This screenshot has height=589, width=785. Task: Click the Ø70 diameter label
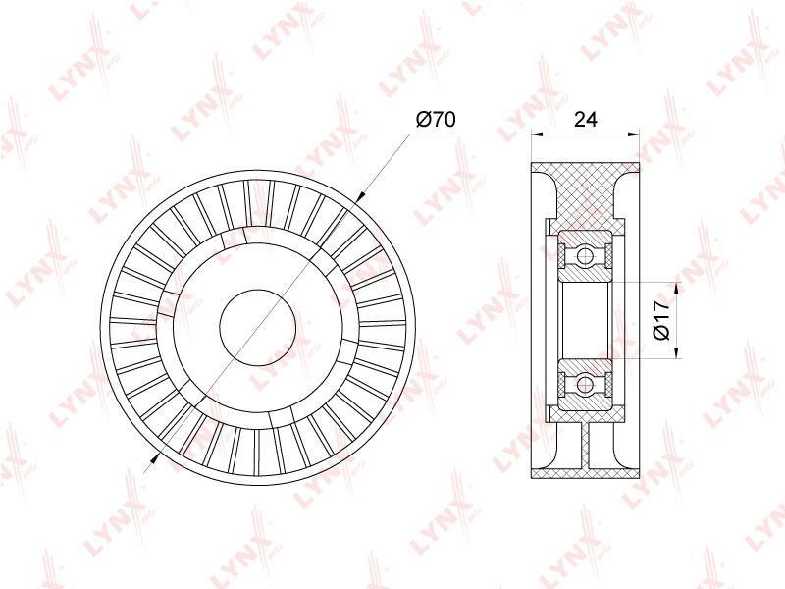436,119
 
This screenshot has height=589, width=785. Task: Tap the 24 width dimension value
585,119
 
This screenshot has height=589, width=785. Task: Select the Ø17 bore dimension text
661,321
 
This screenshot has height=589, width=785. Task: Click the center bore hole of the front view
258,328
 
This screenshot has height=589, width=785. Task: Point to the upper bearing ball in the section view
584,256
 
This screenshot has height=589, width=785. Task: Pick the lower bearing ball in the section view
584,385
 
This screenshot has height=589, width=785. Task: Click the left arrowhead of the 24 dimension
537,134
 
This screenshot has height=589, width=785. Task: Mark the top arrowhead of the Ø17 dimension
676,289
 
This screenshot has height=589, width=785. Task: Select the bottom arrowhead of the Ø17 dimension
676,352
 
